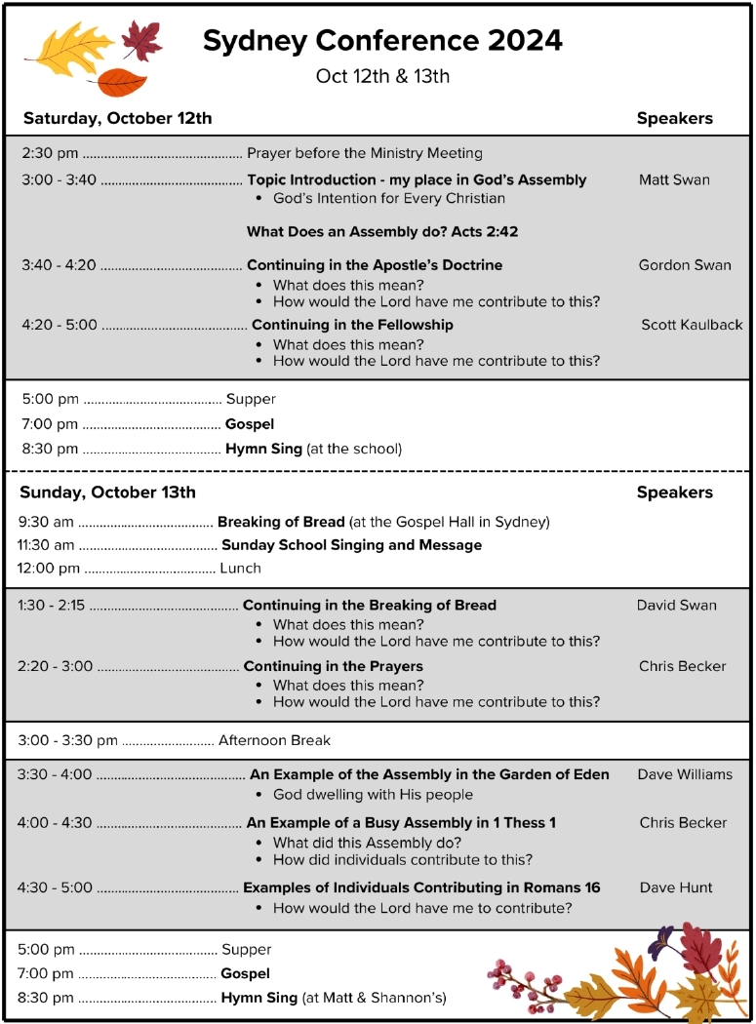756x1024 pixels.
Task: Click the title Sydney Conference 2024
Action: (x=382, y=41)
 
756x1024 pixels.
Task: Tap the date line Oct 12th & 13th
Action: (x=382, y=76)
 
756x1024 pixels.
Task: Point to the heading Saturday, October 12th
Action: (x=117, y=119)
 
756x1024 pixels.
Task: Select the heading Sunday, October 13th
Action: (x=107, y=492)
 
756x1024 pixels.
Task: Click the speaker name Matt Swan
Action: (x=674, y=179)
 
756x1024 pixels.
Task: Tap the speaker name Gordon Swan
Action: (x=684, y=265)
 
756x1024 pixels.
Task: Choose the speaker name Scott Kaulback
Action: (x=692, y=325)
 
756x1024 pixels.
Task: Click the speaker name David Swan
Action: (x=676, y=605)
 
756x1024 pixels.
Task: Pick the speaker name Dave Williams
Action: (x=685, y=774)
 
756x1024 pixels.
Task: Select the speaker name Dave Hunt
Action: (x=676, y=887)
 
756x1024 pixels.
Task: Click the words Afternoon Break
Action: (x=274, y=740)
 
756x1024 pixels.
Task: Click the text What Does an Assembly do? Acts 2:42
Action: (x=382, y=232)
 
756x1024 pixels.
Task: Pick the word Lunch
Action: (x=240, y=568)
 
